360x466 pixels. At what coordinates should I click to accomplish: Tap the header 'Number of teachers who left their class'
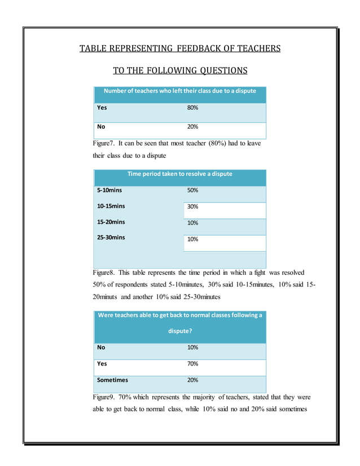coord(179,91)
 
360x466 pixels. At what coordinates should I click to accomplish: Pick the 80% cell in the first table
coord(192,107)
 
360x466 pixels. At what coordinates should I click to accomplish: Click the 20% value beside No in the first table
coord(192,127)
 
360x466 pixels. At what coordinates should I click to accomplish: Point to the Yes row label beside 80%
coord(102,107)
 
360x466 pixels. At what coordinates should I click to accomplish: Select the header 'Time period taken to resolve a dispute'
coord(179,174)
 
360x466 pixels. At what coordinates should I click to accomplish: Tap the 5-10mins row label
coord(109,191)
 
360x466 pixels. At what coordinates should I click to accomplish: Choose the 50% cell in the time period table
coord(192,191)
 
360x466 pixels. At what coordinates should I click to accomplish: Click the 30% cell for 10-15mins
coord(192,206)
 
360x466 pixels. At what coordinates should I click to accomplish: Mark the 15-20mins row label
coord(111,222)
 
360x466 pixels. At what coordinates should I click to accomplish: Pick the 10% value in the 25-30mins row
coord(192,239)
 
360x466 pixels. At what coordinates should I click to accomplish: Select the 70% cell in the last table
coord(192,364)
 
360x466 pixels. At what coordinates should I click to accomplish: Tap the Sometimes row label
coord(112,380)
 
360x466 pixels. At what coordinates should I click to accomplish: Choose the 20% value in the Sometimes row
coord(192,380)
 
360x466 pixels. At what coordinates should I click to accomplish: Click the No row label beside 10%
coord(101,348)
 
